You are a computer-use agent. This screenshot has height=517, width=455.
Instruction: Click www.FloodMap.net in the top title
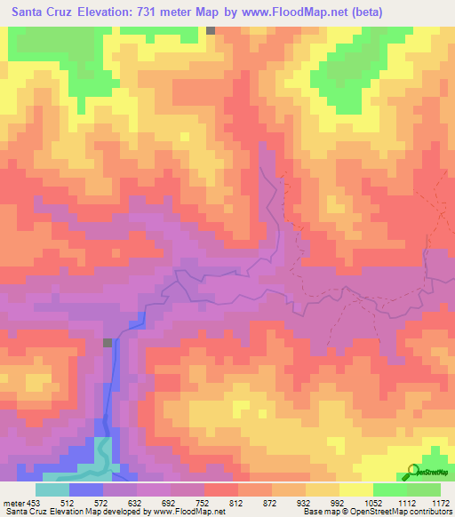coord(319,13)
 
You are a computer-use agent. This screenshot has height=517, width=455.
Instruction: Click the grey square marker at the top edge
coord(211,30)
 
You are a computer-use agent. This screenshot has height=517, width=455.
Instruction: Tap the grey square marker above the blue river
coord(108,343)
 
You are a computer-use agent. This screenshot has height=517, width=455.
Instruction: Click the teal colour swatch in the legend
coord(52,489)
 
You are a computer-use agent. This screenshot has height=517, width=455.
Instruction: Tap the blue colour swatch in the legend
coord(85,489)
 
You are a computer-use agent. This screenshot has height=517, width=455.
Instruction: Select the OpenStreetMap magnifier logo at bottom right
coord(411,471)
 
